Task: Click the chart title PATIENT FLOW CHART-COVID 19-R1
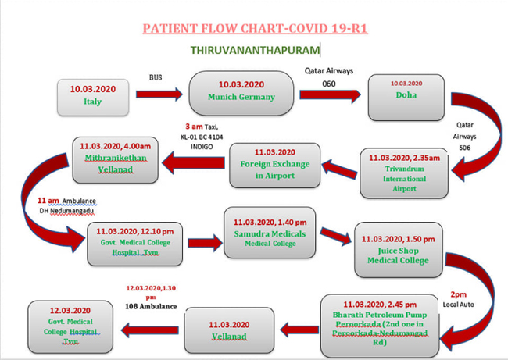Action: (x=256, y=28)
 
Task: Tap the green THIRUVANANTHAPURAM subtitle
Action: (x=255, y=50)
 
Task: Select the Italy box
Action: (x=93, y=97)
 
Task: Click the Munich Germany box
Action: (x=241, y=93)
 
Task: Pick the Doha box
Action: (x=406, y=98)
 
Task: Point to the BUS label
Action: (x=156, y=77)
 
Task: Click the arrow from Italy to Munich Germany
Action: (x=159, y=94)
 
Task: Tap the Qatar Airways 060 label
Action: (x=329, y=77)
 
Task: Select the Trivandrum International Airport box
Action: (x=404, y=173)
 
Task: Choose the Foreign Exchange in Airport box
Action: (x=275, y=166)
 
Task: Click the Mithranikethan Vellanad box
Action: (x=116, y=160)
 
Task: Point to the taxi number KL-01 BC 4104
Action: (x=202, y=137)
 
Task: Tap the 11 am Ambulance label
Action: (x=66, y=201)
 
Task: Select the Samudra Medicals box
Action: (x=270, y=233)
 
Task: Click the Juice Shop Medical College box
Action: (x=398, y=250)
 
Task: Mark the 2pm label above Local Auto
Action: (x=459, y=294)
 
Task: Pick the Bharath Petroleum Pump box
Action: (x=380, y=326)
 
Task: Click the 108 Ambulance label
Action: (x=151, y=306)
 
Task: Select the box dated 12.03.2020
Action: (x=70, y=326)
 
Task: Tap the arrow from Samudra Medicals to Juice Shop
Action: (x=335, y=236)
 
